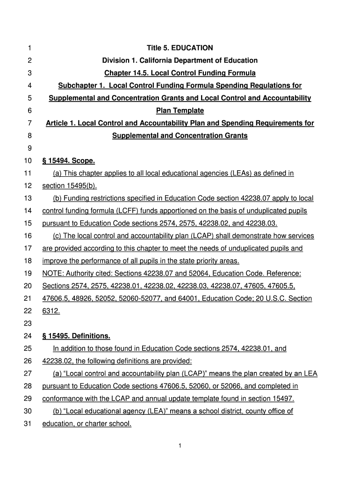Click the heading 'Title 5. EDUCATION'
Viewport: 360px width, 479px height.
coord(180,48)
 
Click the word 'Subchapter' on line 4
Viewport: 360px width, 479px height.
coord(75,86)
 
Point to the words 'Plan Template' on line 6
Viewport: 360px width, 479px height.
coord(180,111)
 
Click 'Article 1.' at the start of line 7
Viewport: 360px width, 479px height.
coord(60,123)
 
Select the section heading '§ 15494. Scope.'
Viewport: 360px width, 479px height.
coord(68,161)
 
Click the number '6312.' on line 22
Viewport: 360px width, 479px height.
coord(51,311)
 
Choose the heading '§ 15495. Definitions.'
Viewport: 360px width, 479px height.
coord(76,336)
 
